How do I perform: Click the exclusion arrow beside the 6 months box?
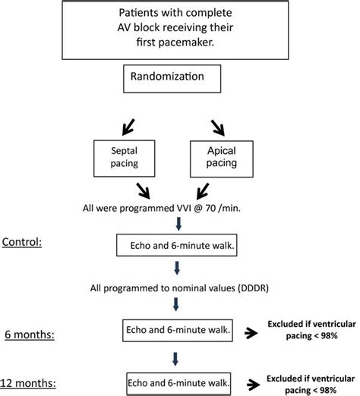(255, 328)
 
